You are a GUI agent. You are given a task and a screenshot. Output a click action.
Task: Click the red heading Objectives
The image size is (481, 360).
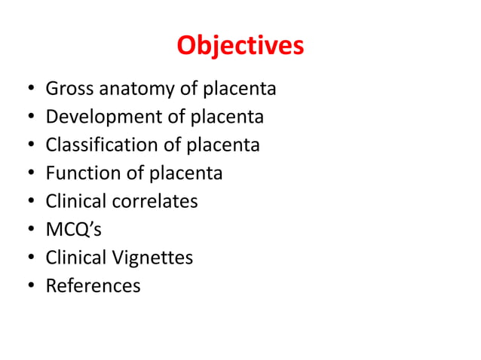240,47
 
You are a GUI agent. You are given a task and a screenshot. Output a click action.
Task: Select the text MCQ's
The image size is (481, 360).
73,230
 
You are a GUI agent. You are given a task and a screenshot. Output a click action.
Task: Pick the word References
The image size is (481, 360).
93,285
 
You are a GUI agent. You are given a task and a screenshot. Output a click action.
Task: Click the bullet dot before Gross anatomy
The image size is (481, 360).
28,90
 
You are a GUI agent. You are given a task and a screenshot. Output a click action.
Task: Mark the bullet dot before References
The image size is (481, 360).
28,286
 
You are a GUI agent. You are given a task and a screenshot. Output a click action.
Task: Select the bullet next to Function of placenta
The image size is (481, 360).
28,174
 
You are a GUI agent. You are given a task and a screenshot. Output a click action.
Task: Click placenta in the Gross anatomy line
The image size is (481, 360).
240,89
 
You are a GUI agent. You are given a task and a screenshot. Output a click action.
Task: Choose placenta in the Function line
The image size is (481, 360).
186,173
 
